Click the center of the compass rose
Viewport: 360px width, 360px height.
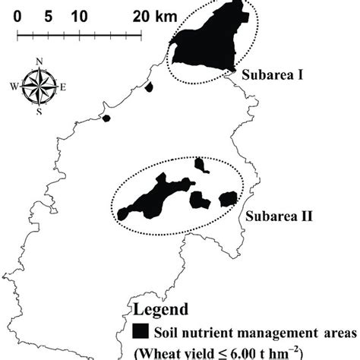39,87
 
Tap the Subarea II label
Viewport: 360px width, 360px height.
276,215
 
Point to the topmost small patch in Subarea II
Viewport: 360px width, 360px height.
201,164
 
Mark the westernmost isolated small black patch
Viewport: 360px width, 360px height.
106,118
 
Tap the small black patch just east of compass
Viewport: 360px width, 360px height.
149,87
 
